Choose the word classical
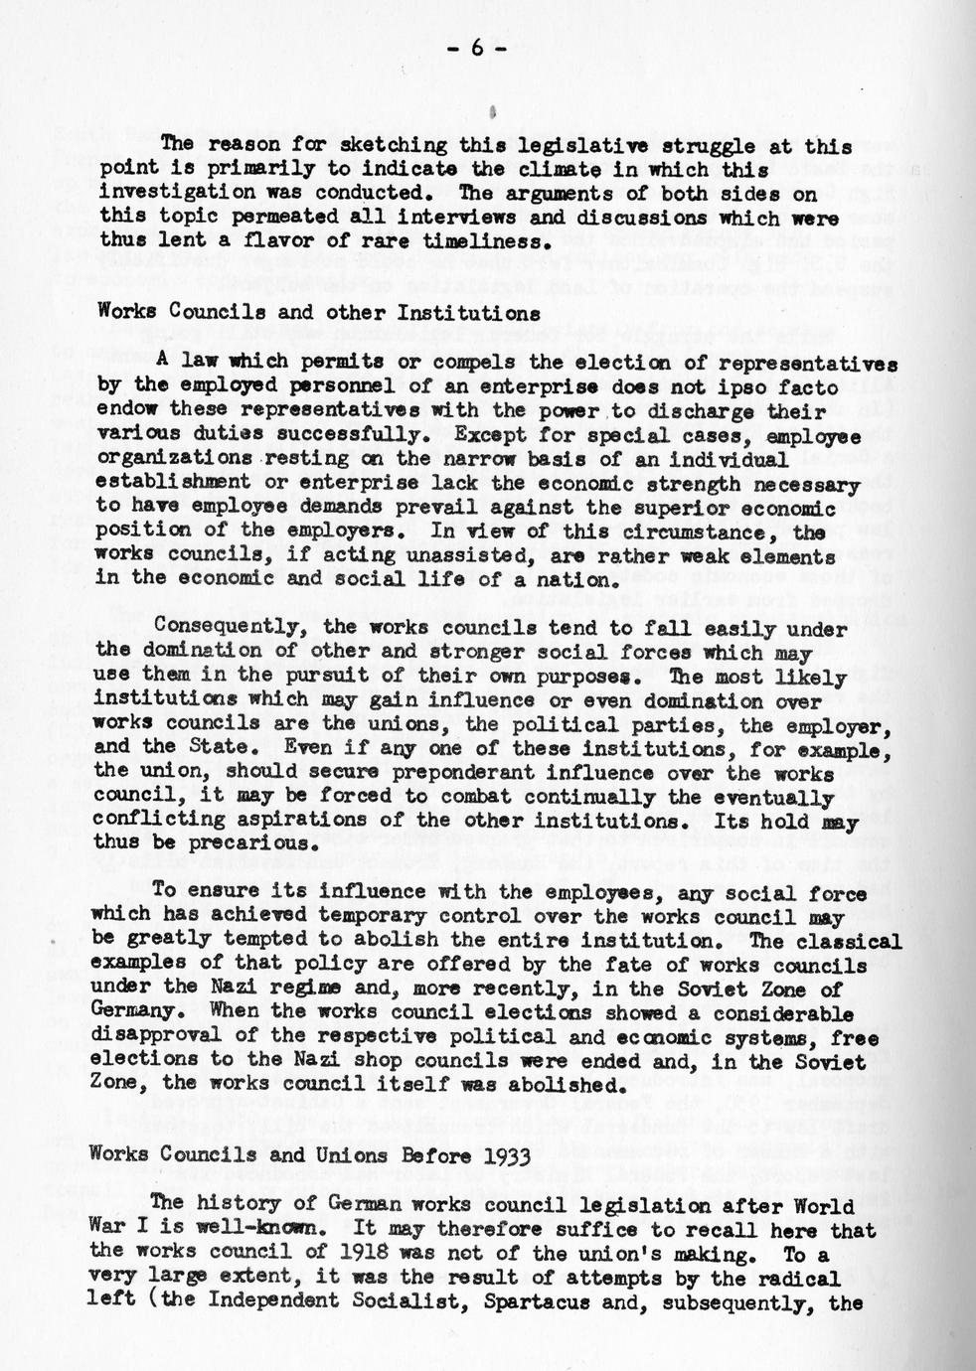[x=842, y=940]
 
